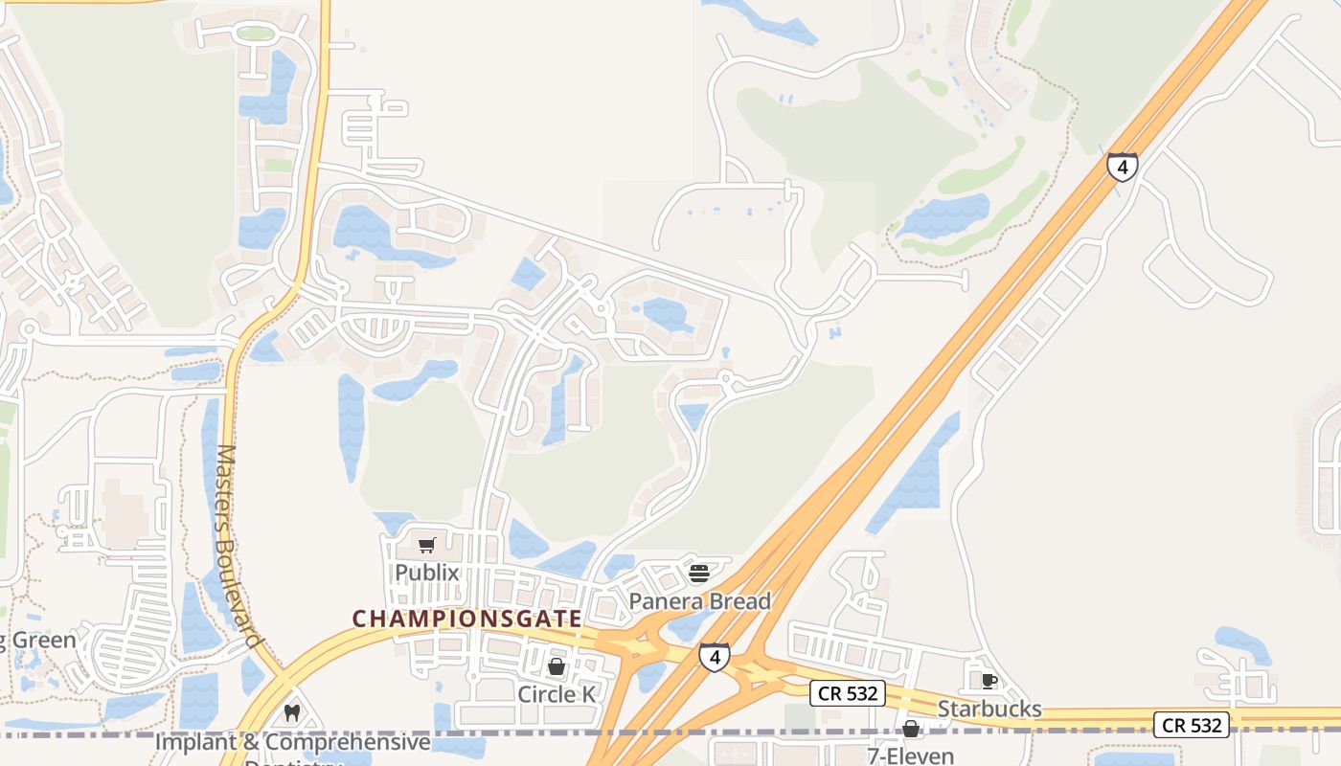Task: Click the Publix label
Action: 427,573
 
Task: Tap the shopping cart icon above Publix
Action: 427,546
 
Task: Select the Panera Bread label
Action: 699,601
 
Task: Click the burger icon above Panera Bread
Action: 698,574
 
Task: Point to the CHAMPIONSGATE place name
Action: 467,619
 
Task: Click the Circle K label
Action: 557,693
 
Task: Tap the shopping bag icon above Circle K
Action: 557,666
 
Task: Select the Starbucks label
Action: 989,709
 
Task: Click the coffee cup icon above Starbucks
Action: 989,681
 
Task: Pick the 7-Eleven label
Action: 910,755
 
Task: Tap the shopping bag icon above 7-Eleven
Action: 911,730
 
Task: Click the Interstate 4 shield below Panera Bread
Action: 714,657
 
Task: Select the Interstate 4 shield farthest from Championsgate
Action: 1122,167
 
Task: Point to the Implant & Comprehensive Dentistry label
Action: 292,743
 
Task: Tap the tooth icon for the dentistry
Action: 293,713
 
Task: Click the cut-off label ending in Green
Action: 38,640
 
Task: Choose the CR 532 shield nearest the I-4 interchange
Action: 848,693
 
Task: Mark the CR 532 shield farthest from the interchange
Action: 1192,725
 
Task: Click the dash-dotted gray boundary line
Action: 115,734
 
